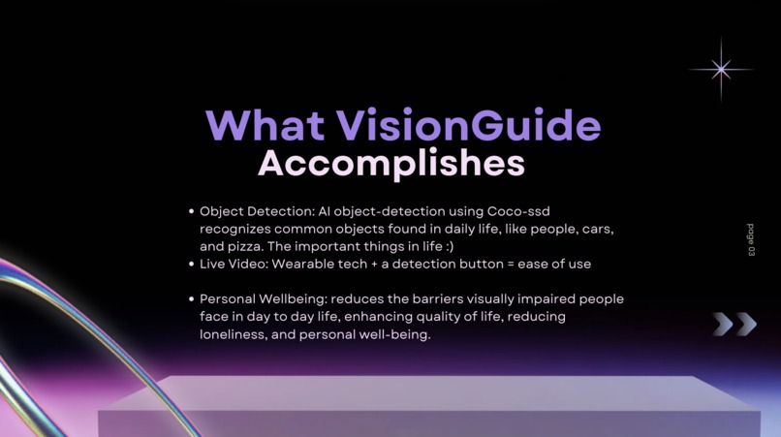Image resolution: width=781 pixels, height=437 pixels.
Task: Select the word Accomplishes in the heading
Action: (x=391, y=164)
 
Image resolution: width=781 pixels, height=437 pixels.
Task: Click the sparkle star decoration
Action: (x=721, y=69)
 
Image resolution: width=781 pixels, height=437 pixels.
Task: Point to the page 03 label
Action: (x=751, y=239)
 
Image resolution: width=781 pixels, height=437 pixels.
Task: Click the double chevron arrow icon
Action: (x=734, y=324)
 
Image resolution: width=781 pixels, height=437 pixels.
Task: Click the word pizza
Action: (x=247, y=246)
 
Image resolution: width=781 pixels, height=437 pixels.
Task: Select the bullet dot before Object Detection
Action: (x=191, y=210)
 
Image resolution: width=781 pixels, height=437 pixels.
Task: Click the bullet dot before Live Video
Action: (x=191, y=264)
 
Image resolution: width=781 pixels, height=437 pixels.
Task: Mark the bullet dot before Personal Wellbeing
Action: (x=191, y=299)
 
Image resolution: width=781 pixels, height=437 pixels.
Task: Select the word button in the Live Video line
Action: (x=483, y=264)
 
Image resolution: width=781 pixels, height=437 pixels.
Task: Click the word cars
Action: (x=600, y=229)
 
